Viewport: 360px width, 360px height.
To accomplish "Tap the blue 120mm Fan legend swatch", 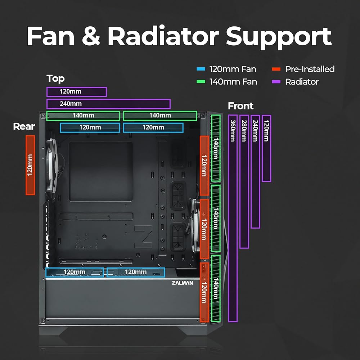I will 201,69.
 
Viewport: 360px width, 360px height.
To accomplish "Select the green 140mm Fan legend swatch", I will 201,82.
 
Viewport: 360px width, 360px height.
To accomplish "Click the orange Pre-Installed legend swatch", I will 276,69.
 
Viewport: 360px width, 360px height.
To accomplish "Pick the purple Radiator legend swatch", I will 276,82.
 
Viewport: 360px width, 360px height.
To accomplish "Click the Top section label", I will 55,78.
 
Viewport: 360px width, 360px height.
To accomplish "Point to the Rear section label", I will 24,127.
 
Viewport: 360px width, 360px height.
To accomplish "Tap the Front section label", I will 240,106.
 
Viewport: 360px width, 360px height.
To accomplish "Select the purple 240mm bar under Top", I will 108,104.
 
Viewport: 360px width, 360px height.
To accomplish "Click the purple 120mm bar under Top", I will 76,92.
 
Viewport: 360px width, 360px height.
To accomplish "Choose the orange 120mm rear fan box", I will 30,165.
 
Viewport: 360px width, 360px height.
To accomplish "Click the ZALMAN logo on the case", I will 182,283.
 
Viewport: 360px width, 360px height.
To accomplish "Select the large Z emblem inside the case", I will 143,237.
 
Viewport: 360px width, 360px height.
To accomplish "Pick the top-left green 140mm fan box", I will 83,116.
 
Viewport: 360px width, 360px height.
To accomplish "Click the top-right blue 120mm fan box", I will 153,127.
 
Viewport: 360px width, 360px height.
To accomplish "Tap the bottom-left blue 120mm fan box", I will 75,272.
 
